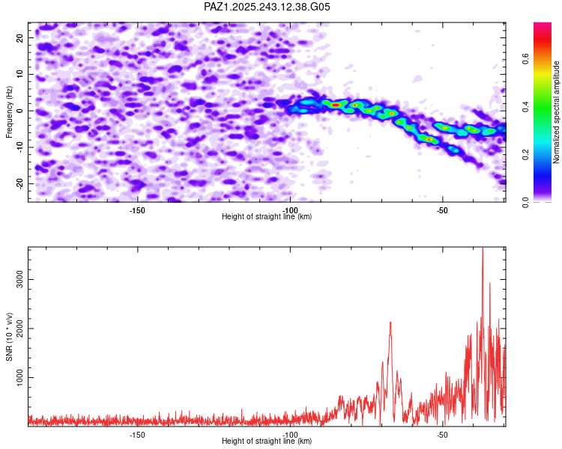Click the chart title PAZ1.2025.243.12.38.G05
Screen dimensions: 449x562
(x=268, y=7)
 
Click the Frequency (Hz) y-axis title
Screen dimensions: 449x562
(x=10, y=112)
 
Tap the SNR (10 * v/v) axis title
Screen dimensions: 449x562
(x=10, y=337)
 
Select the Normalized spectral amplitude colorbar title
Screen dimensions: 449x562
(x=557, y=112)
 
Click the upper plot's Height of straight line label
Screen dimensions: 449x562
(x=267, y=216)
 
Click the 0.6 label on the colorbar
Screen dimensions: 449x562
(x=526, y=59)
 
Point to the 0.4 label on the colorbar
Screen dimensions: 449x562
(x=526, y=106)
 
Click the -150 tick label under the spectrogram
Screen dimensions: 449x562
(x=137, y=210)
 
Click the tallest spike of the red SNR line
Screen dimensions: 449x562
(x=483, y=248)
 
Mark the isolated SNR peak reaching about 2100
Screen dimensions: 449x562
(x=390, y=323)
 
